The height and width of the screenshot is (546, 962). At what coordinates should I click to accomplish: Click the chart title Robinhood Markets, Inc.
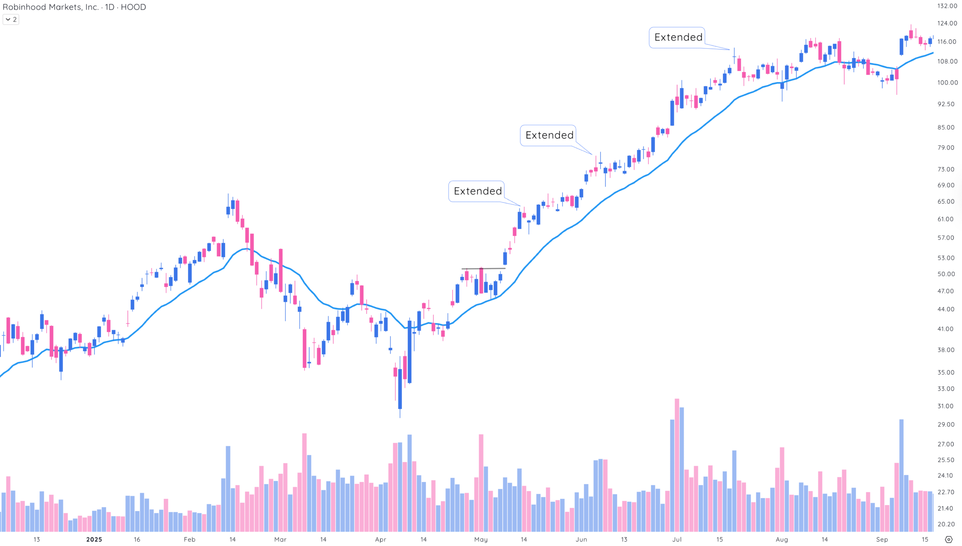pos(50,7)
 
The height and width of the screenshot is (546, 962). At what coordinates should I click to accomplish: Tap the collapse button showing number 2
pos(11,20)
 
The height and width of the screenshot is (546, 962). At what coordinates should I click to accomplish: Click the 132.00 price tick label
pos(947,6)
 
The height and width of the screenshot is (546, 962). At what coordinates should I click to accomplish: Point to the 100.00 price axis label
pos(947,83)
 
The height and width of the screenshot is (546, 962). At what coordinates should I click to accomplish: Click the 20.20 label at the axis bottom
pos(945,524)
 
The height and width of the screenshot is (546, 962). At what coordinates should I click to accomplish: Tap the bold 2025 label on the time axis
pos(94,540)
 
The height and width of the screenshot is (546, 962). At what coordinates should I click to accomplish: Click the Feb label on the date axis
pos(189,540)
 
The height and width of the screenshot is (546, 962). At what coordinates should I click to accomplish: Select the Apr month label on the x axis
pos(380,540)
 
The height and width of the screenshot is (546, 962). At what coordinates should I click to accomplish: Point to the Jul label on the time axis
pos(676,540)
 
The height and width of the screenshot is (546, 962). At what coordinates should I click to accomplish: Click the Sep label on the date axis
pos(882,540)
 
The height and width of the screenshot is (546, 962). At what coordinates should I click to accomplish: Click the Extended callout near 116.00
pos(678,37)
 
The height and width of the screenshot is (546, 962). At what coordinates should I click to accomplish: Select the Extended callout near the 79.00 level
pos(549,135)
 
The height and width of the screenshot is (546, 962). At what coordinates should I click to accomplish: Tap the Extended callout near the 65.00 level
pos(477,191)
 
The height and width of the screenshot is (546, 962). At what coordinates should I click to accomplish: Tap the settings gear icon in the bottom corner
pos(948,540)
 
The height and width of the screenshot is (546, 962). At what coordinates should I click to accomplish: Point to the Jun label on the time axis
pos(581,540)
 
